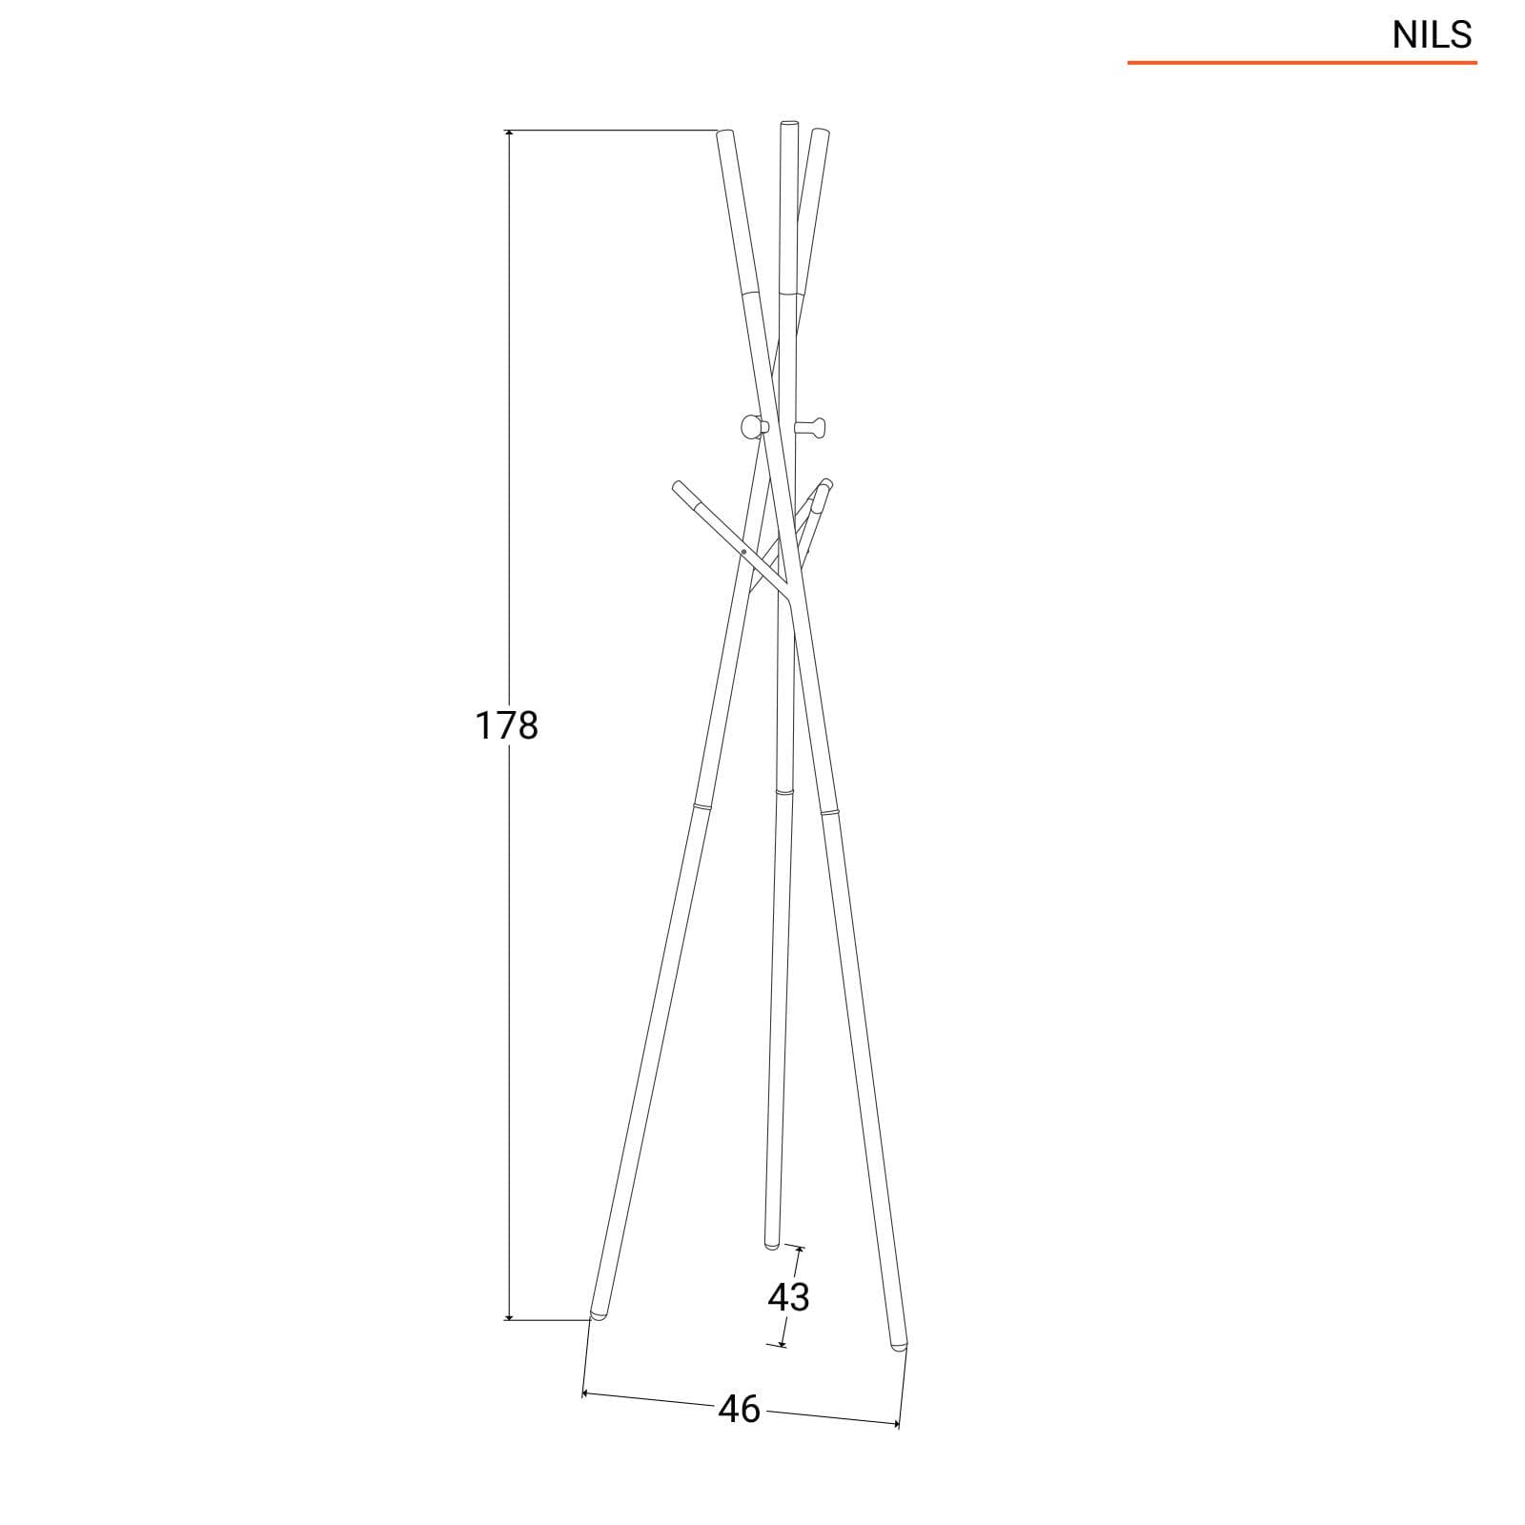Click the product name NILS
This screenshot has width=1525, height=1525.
click(x=1432, y=35)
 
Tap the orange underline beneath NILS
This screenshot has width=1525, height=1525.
click(x=1302, y=63)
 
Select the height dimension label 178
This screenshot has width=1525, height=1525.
click(x=506, y=726)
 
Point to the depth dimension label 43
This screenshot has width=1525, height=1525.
click(x=788, y=1296)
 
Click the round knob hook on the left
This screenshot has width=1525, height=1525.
click(x=752, y=426)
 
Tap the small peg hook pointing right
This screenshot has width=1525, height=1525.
click(x=810, y=426)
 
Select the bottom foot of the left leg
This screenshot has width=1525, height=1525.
click(x=599, y=1314)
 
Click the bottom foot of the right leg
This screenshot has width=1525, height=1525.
click(x=898, y=1344)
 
